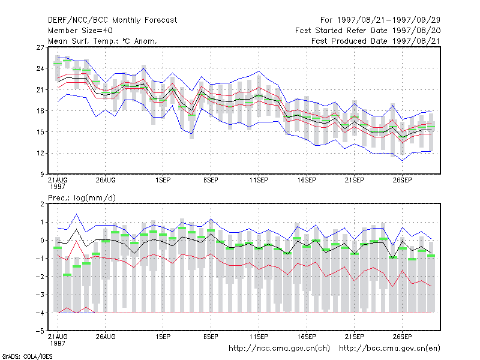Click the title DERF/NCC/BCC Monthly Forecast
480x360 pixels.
[x=112, y=20]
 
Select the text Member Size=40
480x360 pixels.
[x=80, y=31]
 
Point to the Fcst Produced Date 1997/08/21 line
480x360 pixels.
[x=376, y=41]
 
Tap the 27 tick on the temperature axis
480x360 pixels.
[x=40, y=47]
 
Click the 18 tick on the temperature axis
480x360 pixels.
[x=40, y=111]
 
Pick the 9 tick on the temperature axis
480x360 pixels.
[x=42, y=175]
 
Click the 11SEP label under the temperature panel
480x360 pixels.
[x=259, y=180]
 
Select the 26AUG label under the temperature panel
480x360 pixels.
[x=106, y=180]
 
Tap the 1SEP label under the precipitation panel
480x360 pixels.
[x=163, y=337]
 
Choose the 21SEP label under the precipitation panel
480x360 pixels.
[x=354, y=337]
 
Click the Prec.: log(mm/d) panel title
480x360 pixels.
[x=82, y=198]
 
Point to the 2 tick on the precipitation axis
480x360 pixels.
[x=42, y=204]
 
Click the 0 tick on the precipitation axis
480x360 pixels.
[x=42, y=241]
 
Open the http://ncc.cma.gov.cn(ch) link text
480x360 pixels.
[x=279, y=349]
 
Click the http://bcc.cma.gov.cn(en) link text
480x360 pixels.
[x=389, y=349]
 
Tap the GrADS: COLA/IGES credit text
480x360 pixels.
[x=27, y=356]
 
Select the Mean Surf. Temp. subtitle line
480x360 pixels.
[x=103, y=41]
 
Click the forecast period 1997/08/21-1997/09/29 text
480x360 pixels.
[x=389, y=20]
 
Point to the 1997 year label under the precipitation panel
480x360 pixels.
[x=58, y=343]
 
